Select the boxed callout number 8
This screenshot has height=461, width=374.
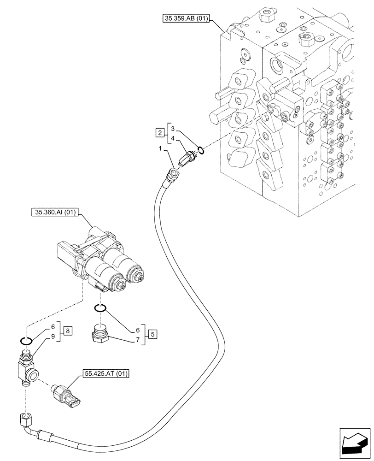tap(68, 331)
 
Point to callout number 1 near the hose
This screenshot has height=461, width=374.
tap(160, 150)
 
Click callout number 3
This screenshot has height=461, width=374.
tap(172, 128)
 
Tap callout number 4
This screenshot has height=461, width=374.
tap(172, 138)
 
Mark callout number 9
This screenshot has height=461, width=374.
tap(54, 336)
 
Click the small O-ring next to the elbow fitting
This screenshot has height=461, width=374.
tap(201, 149)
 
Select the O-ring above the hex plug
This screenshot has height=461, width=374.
tap(100, 308)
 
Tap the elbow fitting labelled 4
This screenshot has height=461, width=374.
tap(188, 155)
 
